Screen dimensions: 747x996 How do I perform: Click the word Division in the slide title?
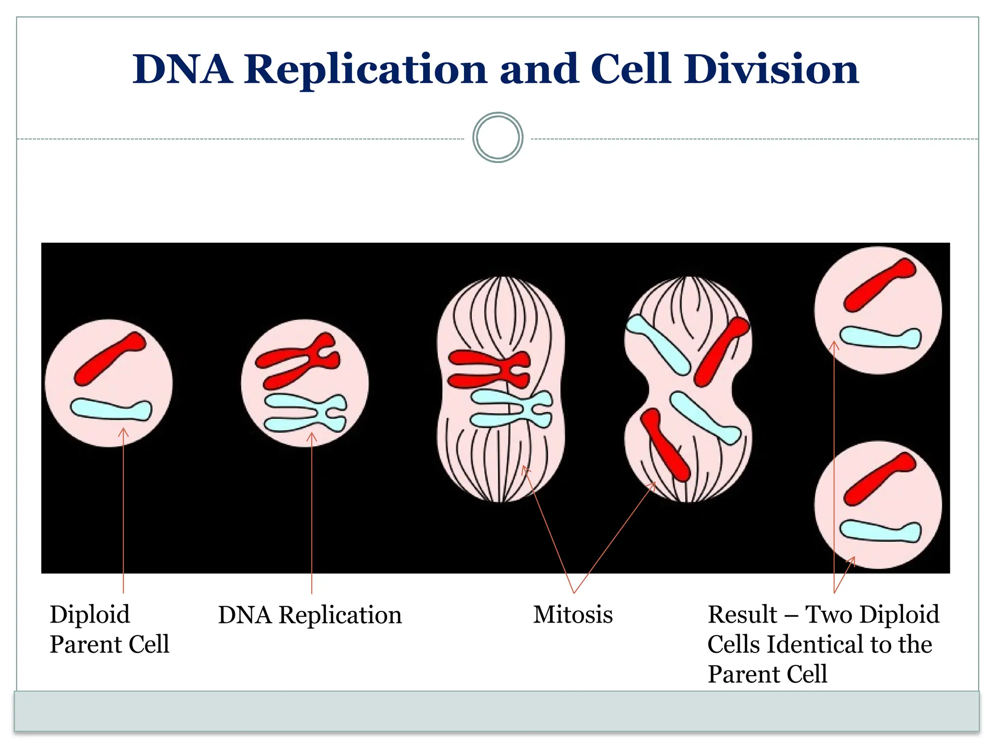[771, 69]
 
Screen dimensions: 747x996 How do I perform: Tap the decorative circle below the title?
[498, 138]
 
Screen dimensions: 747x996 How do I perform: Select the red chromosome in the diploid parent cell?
[110, 358]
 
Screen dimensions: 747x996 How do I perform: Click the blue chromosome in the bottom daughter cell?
[880, 531]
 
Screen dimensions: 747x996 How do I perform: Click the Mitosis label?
[573, 615]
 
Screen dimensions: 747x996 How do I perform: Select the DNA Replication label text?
[310, 615]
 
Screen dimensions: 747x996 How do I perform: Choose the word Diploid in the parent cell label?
[90, 615]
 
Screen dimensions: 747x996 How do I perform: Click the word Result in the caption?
[742, 615]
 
